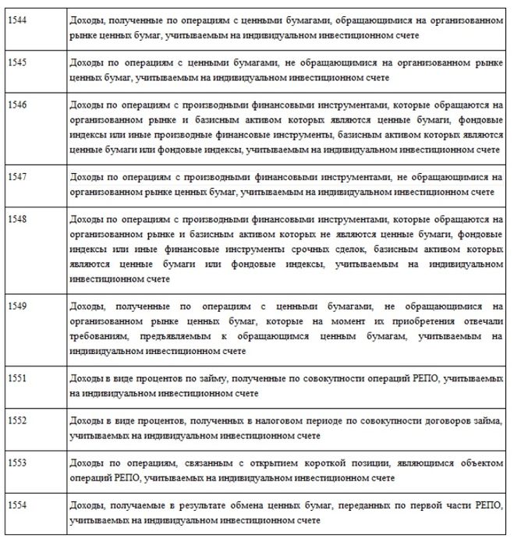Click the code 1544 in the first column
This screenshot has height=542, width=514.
16,22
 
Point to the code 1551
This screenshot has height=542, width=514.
16,380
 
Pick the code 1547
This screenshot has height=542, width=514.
16,176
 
